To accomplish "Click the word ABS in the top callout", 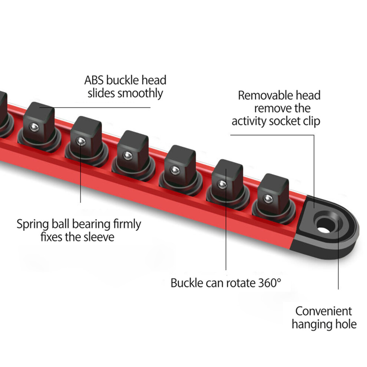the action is tap(94, 80).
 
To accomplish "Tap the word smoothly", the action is tap(140, 93).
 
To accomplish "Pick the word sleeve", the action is tap(99, 237).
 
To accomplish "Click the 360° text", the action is tap(270, 283).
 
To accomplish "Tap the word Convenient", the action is tap(324, 311).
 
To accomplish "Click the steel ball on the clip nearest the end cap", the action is tap(268, 199).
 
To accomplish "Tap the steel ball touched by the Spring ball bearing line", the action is tap(81, 141).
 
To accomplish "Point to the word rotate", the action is tap(242, 283).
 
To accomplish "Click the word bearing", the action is tap(91, 225).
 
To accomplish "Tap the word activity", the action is tap(249, 121).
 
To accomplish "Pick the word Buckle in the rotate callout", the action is tap(187, 283).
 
